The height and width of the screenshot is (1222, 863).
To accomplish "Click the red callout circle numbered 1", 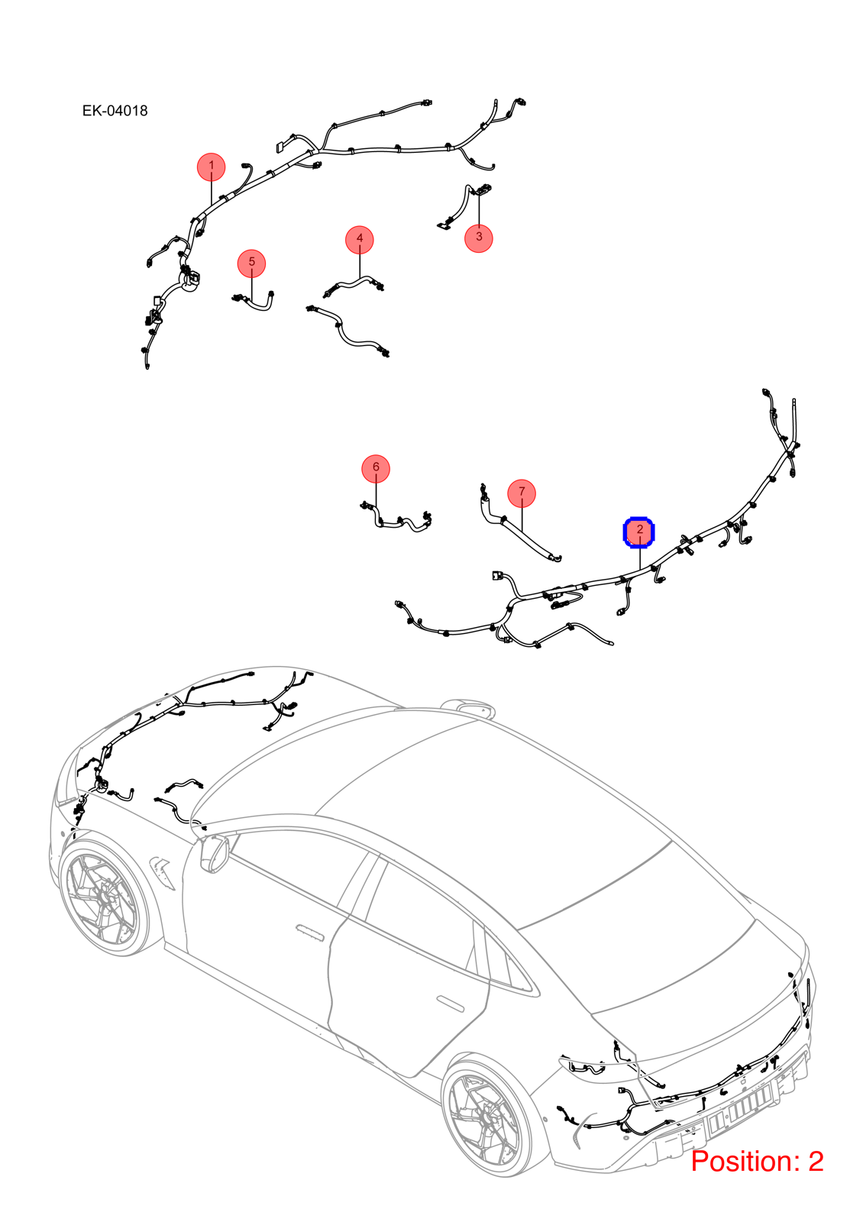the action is point(211,166).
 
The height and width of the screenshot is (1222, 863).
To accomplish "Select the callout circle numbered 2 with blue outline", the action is point(638,532).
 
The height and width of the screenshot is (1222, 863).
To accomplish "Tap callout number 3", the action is point(478,238).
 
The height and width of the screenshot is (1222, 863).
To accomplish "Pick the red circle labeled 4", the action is point(360,240).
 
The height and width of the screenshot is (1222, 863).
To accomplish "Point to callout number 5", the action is point(251,263).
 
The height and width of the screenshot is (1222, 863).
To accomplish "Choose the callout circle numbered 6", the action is point(376,469).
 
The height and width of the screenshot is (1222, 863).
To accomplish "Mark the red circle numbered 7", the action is point(522,493).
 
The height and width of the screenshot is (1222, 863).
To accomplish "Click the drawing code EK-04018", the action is point(115,111).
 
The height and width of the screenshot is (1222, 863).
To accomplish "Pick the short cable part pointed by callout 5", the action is point(254,301).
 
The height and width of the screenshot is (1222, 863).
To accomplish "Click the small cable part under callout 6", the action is point(396,520).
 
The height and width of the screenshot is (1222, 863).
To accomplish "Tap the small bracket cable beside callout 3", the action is point(464,207).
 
